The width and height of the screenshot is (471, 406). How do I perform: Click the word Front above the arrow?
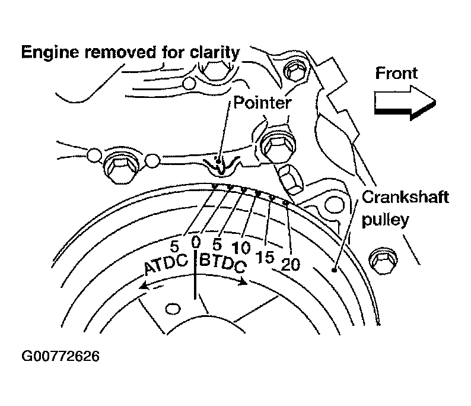pos(397,73)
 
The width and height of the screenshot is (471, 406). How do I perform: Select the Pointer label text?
pos(262,103)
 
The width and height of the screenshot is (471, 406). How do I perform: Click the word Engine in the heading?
pos(50,52)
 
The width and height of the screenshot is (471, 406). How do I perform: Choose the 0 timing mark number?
pos(196,242)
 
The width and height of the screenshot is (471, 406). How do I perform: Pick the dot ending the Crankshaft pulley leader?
pos(335,271)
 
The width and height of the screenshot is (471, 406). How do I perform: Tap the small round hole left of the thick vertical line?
pos(173,309)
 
